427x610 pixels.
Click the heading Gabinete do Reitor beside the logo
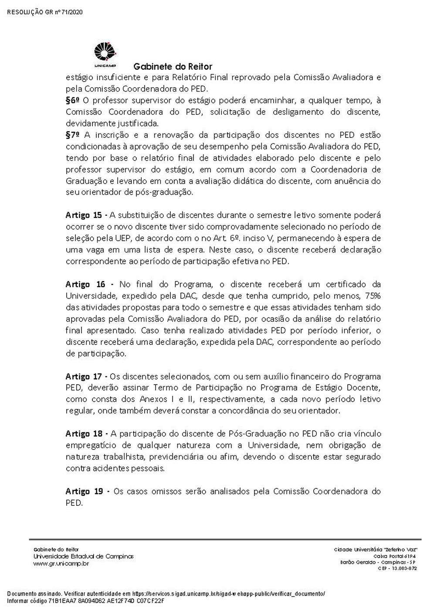click(173, 67)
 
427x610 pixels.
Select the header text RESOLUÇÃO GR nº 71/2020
click(45, 12)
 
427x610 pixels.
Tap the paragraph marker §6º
click(73, 100)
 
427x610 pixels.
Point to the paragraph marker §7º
click(73, 135)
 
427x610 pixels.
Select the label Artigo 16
click(85, 284)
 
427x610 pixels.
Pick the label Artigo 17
click(84, 376)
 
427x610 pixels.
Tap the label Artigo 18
click(84, 433)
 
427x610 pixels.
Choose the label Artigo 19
click(84, 491)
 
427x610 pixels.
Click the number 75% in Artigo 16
click(373, 296)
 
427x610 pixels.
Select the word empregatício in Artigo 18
click(91, 445)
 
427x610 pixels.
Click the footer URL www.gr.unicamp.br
click(61, 564)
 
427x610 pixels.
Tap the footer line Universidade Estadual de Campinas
click(83, 556)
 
